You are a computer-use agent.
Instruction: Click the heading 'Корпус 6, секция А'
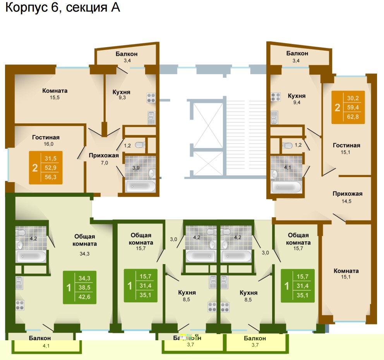tap(63, 8)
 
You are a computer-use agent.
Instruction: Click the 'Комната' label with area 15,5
tap(55, 91)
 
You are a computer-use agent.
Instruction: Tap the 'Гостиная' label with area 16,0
tap(46, 137)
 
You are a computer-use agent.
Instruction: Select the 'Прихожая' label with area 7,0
tap(104, 155)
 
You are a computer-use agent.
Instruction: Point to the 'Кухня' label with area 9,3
tap(121, 92)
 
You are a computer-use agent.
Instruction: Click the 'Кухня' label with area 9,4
tap(297, 96)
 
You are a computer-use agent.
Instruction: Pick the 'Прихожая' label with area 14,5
tap(347, 194)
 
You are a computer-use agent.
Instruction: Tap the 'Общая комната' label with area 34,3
tap(84, 240)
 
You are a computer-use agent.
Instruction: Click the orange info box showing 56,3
tap(46, 167)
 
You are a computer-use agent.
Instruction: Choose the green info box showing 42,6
tap(80, 287)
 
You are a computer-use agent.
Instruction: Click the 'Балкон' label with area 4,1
tap(39, 338)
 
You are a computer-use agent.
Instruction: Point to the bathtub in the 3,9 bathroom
tap(141, 186)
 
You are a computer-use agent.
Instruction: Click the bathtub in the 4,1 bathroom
tap(287, 187)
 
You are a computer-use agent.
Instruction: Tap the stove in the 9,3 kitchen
tap(151, 97)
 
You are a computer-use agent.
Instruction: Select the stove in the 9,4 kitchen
tap(276, 97)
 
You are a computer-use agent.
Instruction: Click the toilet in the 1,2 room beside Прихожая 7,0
tap(140, 145)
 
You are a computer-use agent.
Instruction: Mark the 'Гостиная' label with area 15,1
tap(346, 145)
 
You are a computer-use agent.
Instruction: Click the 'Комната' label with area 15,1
tap(346, 271)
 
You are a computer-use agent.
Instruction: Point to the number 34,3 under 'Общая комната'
tap(84, 254)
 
